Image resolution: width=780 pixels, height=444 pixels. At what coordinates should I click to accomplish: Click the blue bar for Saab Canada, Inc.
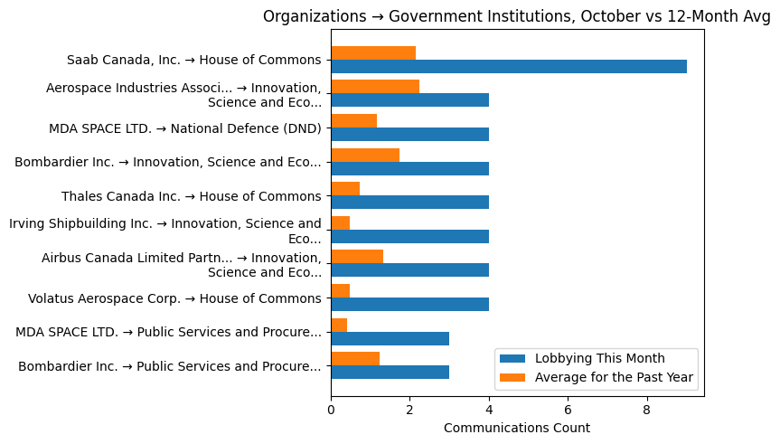coord(509,66)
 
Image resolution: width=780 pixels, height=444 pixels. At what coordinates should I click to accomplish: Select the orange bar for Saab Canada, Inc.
coord(373,52)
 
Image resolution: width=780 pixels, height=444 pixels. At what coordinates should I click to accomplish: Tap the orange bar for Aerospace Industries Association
coord(375,87)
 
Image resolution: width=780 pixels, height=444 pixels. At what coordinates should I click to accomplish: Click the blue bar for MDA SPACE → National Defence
coord(409,134)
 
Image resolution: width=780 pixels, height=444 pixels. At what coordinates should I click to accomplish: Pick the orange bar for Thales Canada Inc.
coord(345,188)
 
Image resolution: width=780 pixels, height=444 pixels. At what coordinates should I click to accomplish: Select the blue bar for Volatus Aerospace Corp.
coord(409,304)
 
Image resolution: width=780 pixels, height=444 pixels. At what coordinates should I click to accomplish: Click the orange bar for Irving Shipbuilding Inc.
coord(341,222)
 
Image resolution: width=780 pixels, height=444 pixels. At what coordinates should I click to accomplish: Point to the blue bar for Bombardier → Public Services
coord(390,372)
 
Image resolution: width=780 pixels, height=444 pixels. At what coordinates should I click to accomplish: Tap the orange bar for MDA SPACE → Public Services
coord(339,325)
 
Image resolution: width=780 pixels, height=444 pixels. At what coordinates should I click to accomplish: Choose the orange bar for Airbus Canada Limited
coord(357,256)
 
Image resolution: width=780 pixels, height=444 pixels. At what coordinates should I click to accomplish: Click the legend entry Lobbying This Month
coord(599,358)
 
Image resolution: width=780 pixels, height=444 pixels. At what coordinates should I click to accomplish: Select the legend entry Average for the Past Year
coord(615,377)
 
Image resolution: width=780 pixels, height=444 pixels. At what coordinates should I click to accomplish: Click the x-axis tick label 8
coord(646,411)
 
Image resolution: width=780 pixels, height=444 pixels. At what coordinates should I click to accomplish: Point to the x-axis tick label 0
coord(331,411)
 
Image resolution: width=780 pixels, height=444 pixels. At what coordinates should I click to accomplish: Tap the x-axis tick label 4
coord(489,411)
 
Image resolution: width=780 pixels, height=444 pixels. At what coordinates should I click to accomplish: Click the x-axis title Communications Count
coord(517,428)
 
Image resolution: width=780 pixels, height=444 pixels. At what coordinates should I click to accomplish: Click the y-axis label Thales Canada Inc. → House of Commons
coord(191,196)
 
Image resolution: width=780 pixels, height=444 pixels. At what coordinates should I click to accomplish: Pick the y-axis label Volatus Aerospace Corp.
coord(174,298)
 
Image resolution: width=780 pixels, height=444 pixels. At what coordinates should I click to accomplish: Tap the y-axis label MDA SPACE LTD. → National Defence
coord(184,128)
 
